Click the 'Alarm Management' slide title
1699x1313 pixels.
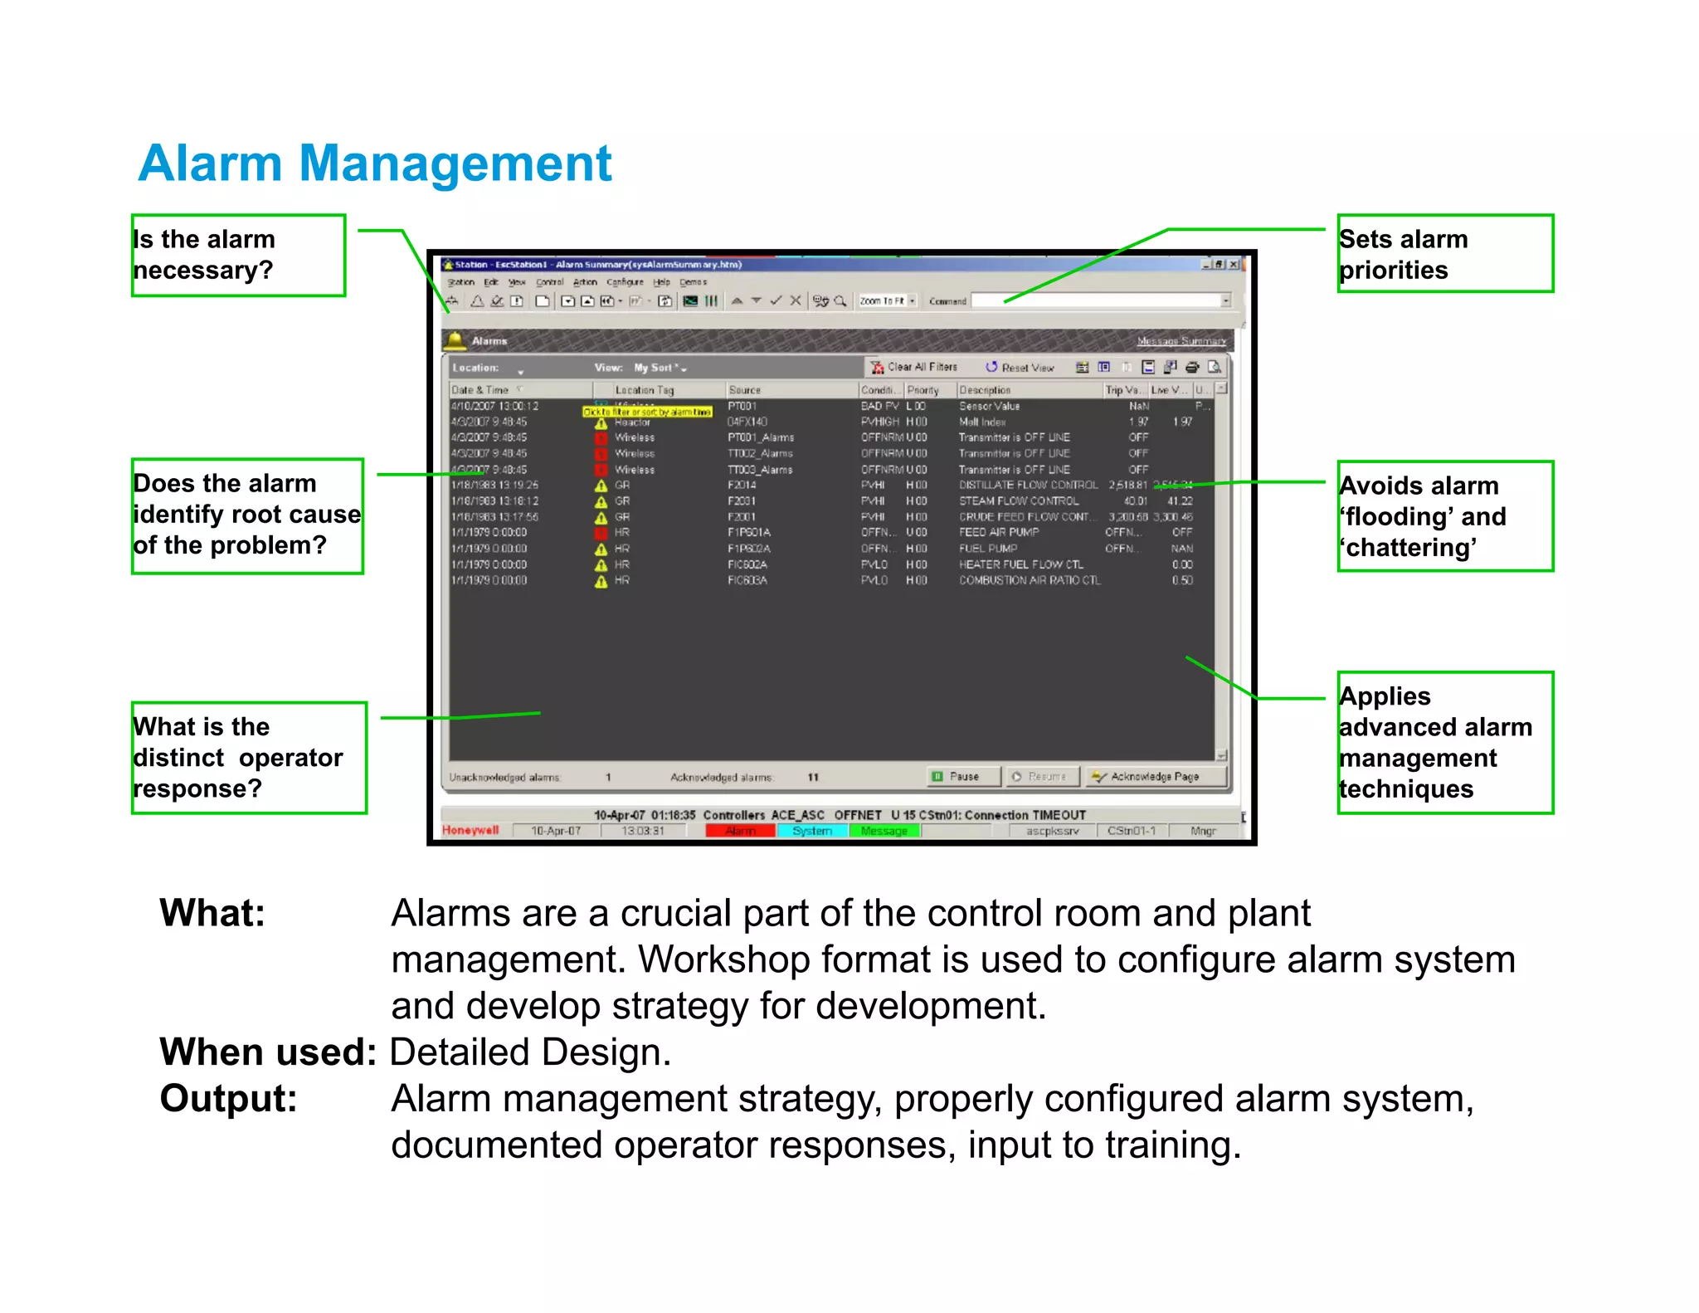(374, 164)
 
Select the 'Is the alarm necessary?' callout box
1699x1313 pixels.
(238, 255)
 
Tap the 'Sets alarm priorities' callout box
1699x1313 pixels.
(1444, 254)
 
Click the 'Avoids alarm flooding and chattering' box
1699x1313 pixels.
(1444, 516)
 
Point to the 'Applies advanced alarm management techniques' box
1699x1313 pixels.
(1444, 742)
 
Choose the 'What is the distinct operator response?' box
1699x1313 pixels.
(248, 757)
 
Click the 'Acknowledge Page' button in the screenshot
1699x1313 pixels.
(1155, 777)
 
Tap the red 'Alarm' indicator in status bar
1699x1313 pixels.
(740, 831)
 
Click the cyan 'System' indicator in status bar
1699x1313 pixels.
(812, 831)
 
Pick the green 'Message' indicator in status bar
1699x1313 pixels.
(884, 831)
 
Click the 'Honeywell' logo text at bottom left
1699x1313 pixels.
(470, 830)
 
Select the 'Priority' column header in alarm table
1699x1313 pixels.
(923, 390)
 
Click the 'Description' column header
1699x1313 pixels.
(985, 390)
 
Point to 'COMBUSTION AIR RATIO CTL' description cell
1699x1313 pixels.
(1030, 580)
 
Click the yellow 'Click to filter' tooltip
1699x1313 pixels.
(647, 412)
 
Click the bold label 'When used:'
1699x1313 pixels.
(268, 1052)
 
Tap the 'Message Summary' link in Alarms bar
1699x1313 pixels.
(1181, 341)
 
